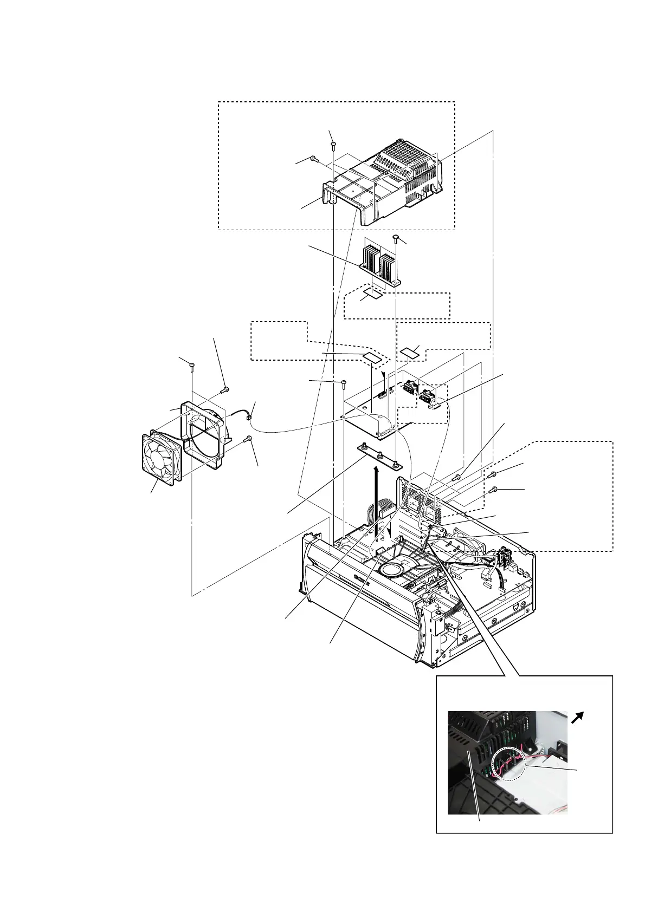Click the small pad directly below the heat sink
tap(373, 294)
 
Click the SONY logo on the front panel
tap(359, 579)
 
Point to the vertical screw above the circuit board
tap(344, 384)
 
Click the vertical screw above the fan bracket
tap(191, 366)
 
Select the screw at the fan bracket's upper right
tap(225, 389)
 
